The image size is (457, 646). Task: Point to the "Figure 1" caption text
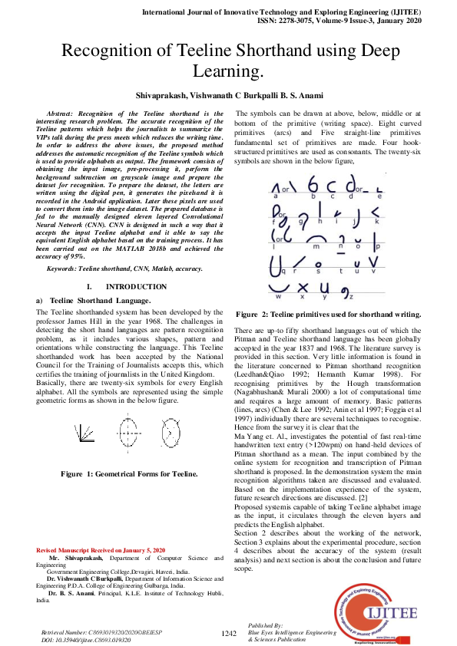click(x=119, y=473)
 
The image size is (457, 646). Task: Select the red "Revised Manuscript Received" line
click(x=101, y=551)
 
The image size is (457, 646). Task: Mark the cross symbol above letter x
click(x=302, y=286)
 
